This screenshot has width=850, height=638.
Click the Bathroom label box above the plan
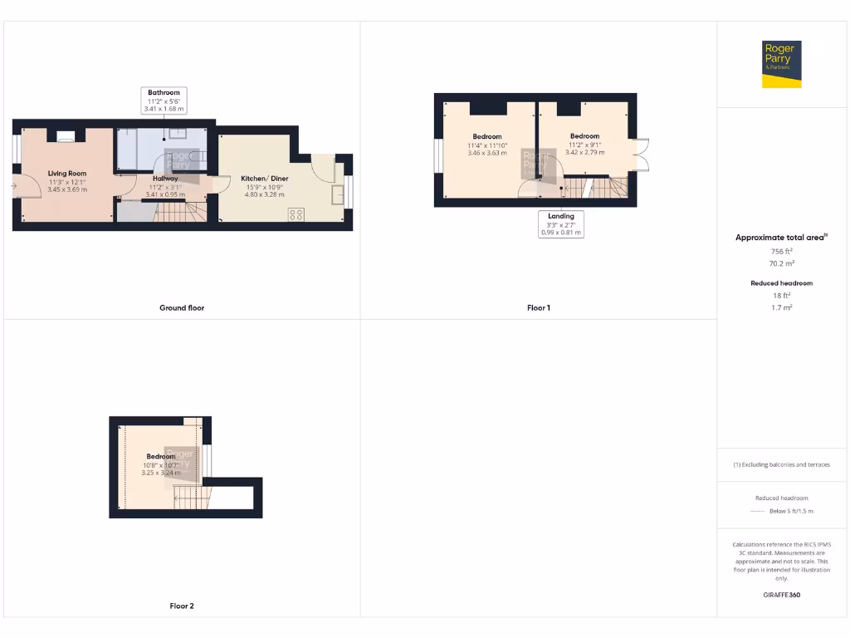pos(164,100)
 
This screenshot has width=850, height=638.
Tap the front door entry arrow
pos(14,186)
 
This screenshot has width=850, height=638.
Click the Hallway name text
pos(165,179)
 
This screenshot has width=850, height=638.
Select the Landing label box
pos(561,224)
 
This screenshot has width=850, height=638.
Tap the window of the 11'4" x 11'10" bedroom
pos(437,157)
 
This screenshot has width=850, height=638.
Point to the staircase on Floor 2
pos(188,498)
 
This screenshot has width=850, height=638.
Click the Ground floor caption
pos(182,308)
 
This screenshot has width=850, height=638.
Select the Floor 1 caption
pos(539,308)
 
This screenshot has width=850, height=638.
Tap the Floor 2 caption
pos(182,606)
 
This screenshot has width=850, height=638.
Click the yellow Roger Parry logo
pos(782,64)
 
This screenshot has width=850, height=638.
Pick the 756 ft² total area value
pos(781,251)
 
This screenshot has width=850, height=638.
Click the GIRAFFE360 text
pos(781,595)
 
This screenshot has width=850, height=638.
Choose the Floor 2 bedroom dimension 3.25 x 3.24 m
pos(161,474)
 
